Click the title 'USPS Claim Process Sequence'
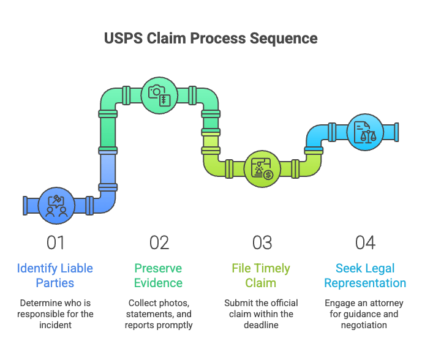(211, 39)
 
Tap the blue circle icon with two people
(56, 206)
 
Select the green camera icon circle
(159, 96)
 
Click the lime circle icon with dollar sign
(262, 169)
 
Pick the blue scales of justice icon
(365, 132)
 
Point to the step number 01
(56, 243)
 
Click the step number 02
(159, 243)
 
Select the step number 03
(262, 243)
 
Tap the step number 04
(365, 243)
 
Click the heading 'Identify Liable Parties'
(55, 276)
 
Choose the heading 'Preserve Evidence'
(159, 276)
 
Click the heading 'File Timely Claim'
(261, 276)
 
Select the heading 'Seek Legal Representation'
(365, 276)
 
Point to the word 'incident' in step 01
(55, 325)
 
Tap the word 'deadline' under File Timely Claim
(261, 325)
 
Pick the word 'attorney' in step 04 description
(386, 304)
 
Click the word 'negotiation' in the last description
(364, 326)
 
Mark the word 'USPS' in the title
(124, 39)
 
